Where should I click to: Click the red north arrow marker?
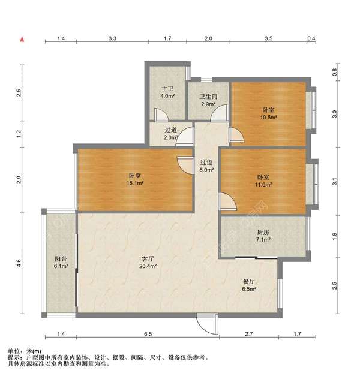(22, 39)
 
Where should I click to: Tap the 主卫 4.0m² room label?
(167, 92)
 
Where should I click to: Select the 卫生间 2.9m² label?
(208, 101)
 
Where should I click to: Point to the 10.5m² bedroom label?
(268, 113)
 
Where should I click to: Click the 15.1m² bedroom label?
(135, 179)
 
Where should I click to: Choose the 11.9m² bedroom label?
(263, 181)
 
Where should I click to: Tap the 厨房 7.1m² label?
(263, 236)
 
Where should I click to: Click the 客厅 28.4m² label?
(148, 263)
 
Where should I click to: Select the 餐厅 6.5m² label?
(249, 285)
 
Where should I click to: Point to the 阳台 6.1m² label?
(61, 263)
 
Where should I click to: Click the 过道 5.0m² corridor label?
(206, 166)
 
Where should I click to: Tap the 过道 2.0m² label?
(170, 134)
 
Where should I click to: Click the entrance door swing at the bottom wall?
(207, 324)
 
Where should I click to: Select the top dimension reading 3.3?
(112, 38)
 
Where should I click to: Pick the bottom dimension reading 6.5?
(148, 334)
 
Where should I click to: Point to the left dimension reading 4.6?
(19, 263)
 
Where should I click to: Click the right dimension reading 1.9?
(335, 236)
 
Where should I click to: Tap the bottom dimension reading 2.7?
(249, 334)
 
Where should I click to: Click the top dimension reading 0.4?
(311, 38)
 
